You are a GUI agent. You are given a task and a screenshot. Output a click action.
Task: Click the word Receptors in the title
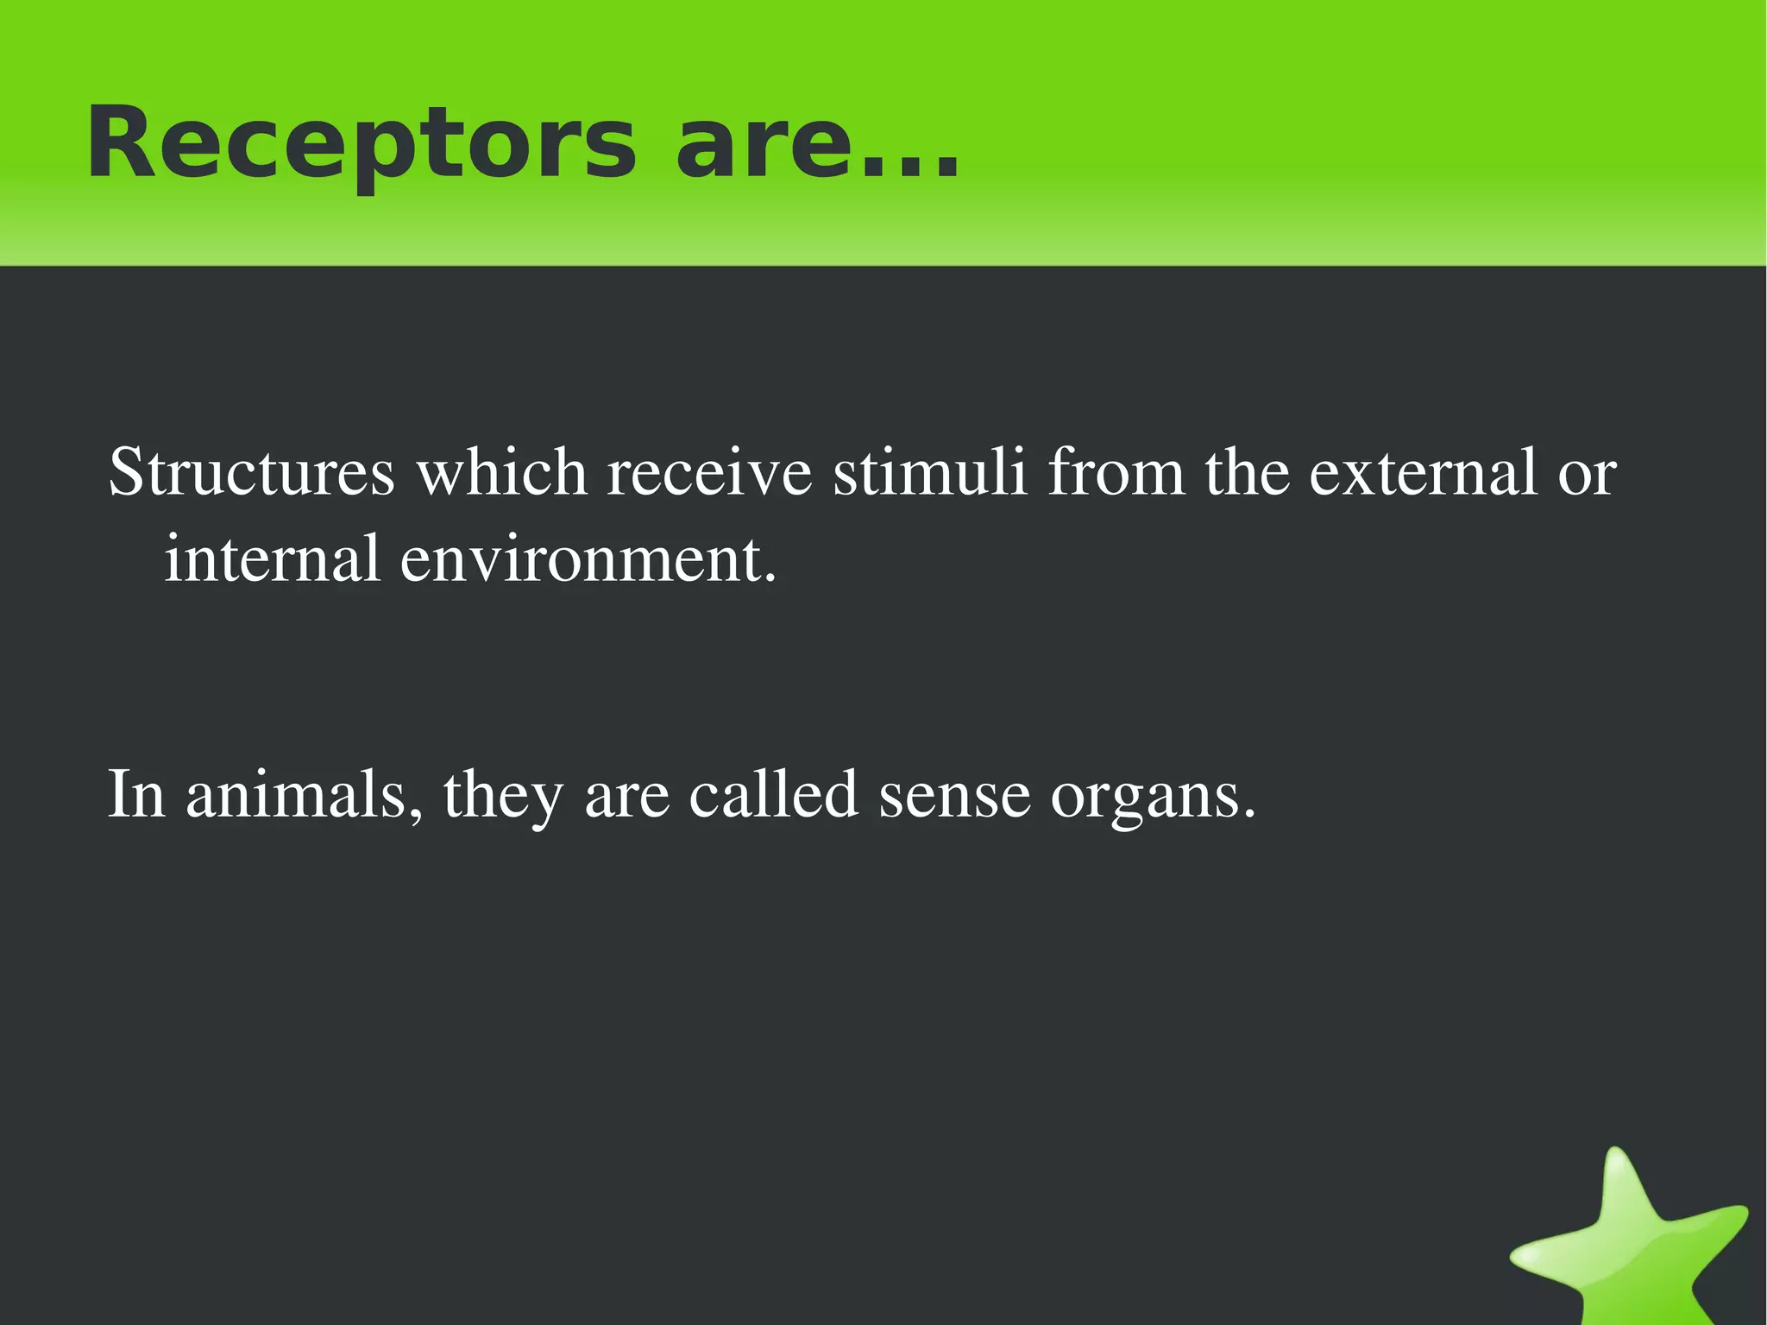coord(361,143)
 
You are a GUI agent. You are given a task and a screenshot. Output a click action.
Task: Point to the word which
coord(502,473)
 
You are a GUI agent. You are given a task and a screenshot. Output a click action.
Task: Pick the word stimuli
coord(930,473)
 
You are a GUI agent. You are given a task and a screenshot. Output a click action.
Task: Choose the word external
coord(1423,473)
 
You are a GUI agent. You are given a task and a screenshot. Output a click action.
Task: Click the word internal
coord(272,558)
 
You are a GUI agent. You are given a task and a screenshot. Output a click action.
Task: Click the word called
coord(773,794)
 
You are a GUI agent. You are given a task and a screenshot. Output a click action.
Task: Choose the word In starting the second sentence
coord(136,794)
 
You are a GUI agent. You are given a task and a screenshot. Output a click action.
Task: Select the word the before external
coord(1248,473)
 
